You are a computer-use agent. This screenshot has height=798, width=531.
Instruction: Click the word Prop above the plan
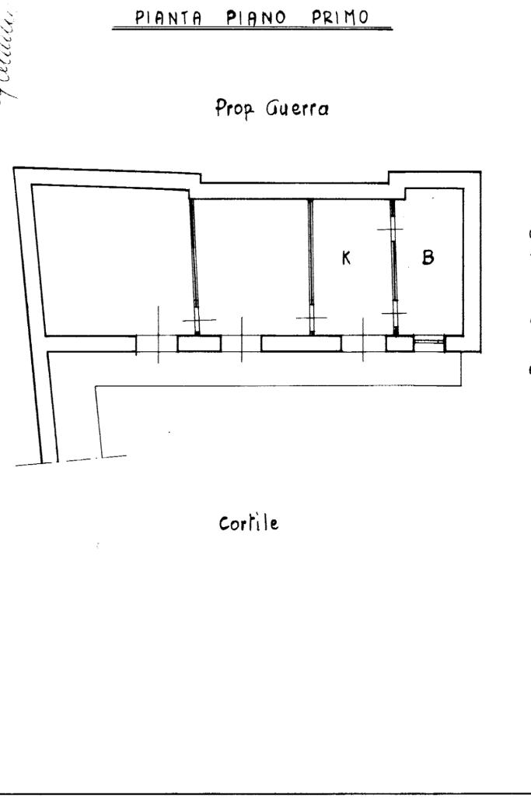(230, 111)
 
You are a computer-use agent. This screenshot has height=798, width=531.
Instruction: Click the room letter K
(347, 258)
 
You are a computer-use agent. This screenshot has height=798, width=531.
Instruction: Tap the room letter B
(427, 257)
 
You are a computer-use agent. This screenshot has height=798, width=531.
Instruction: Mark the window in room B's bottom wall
(428, 343)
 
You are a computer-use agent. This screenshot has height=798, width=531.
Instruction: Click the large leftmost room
(109, 261)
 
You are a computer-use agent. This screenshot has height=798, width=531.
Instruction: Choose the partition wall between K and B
(393, 265)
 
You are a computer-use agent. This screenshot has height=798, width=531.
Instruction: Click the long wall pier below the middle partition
(301, 343)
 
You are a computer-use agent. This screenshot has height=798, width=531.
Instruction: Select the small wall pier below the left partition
(199, 343)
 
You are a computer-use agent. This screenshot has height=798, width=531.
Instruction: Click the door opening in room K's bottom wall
(364, 343)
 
